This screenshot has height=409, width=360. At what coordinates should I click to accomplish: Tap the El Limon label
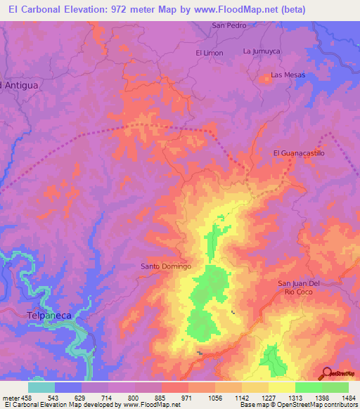click(209, 53)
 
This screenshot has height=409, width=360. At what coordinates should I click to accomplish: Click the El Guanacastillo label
click(299, 152)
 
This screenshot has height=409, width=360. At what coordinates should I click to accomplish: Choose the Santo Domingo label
click(166, 266)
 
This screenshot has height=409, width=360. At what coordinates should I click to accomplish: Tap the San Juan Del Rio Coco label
click(299, 287)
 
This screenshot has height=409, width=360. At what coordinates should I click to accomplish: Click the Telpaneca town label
click(49, 316)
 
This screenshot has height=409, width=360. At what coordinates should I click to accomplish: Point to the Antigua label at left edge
click(20, 85)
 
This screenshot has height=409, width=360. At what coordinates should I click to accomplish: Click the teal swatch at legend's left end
click(41, 387)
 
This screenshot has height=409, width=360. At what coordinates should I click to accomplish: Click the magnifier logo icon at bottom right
click(326, 375)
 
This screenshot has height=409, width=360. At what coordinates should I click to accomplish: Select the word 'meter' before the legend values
click(11, 397)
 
